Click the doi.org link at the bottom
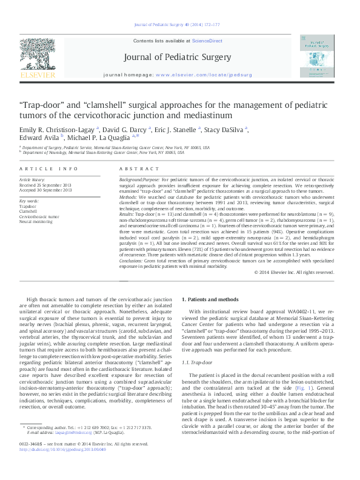point(63,466)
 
